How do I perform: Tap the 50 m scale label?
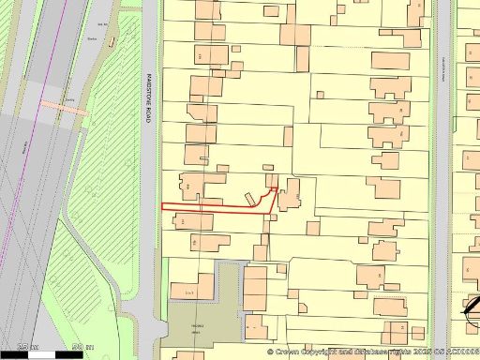[88, 347]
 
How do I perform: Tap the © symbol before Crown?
[270, 352]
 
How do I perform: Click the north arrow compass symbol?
[472, 307]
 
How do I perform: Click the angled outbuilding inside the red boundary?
[250, 199]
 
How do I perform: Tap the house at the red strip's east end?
[288, 193]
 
